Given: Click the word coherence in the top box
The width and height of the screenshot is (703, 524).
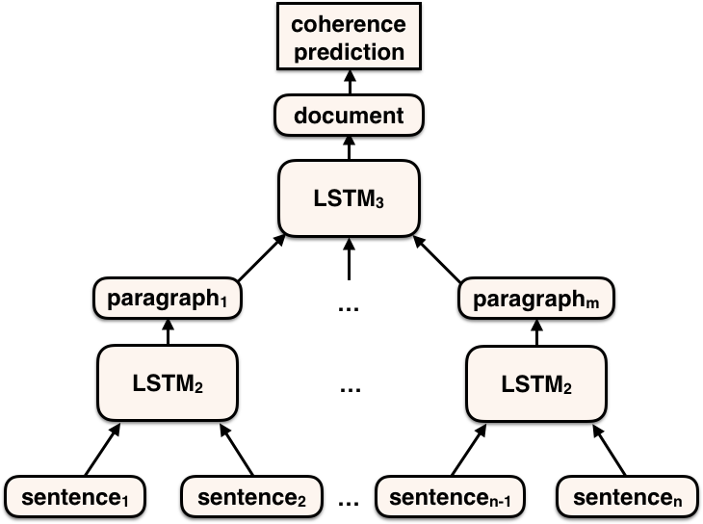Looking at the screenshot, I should click(349, 24).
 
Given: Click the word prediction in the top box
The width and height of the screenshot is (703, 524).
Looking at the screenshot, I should click(349, 51).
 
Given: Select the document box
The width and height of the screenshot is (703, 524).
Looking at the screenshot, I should click(349, 117).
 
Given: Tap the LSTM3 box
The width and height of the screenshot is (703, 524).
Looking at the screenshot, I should click(349, 198).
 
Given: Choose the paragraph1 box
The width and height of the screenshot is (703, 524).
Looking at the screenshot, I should click(167, 299).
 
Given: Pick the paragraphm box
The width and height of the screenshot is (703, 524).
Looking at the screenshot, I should click(536, 300).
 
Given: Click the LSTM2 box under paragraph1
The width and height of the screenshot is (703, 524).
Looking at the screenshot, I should click(168, 383).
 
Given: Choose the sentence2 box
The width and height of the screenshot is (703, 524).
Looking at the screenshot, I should click(251, 497).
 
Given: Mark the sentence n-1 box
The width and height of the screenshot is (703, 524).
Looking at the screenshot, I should click(450, 497).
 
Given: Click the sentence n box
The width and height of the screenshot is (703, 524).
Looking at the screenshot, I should click(627, 497).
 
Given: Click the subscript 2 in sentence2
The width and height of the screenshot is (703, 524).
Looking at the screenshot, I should click(301, 502).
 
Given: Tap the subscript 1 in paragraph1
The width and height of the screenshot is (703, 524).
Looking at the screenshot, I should click(223, 303).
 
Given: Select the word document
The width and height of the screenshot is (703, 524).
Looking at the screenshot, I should click(349, 117).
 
